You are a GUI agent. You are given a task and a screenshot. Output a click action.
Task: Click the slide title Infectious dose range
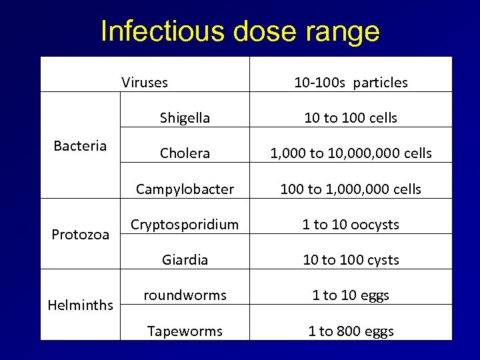240,31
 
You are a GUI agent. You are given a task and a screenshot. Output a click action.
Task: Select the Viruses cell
145,83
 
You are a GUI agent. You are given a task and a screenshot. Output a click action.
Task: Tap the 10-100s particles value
351,83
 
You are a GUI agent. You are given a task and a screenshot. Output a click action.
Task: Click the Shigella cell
185,118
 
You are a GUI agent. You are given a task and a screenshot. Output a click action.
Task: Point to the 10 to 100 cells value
351,118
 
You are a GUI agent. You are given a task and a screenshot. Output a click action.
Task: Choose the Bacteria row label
80,146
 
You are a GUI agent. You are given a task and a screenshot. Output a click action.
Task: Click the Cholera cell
185,153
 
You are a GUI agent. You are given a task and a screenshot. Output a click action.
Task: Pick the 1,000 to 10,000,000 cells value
351,153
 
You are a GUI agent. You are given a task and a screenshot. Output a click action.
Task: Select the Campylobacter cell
185,189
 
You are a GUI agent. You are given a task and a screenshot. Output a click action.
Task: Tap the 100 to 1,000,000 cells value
351,189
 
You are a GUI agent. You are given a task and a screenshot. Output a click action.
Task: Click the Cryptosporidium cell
185,225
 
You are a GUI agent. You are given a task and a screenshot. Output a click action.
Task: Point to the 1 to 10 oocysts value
351,225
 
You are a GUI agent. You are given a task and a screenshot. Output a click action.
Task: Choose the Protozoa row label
81,234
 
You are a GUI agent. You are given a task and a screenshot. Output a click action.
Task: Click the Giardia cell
185,260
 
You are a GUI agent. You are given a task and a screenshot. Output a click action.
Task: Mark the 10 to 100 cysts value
351,260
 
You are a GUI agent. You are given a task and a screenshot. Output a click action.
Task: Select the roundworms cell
185,295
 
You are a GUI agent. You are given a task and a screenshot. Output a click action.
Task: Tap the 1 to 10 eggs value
351,295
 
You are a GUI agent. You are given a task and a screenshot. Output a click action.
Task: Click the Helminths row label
81,305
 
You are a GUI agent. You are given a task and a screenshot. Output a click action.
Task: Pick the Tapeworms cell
185,331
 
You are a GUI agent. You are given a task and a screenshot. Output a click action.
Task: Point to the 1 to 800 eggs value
351,331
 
